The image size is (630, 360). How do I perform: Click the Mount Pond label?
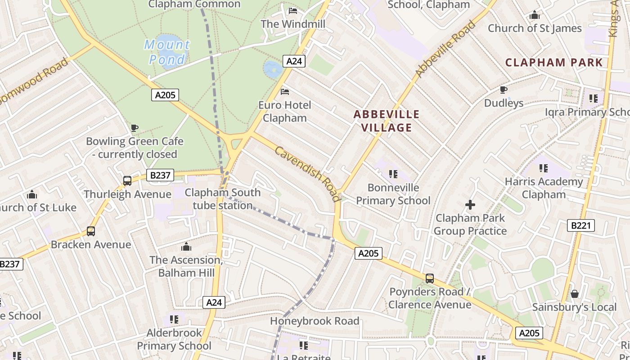point(167,52)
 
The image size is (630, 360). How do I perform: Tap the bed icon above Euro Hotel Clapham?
point(285,92)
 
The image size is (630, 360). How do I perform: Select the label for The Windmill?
point(293,24)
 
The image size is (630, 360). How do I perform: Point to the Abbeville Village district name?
point(387,121)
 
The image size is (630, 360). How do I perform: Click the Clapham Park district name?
point(554,63)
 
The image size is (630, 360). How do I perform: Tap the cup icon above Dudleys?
point(504,90)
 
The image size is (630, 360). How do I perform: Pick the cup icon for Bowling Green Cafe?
point(134,128)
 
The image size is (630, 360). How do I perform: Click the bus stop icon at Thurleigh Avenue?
point(127,181)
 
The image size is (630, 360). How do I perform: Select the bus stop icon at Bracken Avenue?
point(91,231)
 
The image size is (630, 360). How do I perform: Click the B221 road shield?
point(580,225)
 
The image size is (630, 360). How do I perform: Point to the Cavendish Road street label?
point(307,174)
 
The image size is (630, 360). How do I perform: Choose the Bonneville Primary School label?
point(393,194)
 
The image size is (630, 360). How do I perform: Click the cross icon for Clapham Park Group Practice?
point(470,205)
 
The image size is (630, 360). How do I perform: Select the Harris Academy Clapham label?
point(544,188)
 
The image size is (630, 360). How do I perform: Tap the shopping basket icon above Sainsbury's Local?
point(575,294)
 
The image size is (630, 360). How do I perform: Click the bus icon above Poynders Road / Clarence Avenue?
point(430,279)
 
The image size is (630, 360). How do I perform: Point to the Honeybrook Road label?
point(315,321)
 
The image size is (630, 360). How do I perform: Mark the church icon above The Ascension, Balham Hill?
point(186,247)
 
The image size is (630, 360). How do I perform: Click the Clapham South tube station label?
point(223,199)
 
